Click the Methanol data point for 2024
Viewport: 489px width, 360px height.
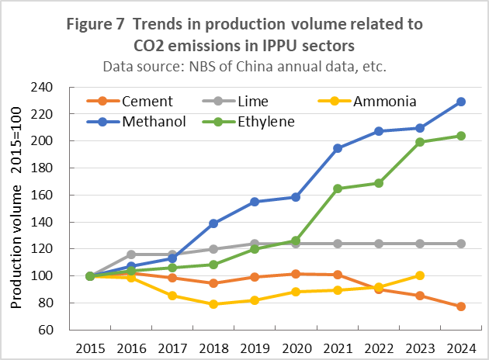[461, 102]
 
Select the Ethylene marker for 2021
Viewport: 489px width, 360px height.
[337, 189]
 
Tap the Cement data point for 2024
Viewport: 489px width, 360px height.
[461, 306]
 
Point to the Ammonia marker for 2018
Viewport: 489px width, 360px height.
[213, 304]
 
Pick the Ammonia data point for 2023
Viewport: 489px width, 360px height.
[420, 275]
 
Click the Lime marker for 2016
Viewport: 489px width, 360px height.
[131, 254]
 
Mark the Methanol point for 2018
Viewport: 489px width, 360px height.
[213, 223]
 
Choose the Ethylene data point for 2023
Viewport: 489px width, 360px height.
[420, 142]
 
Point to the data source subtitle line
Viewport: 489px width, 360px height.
[244, 67]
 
